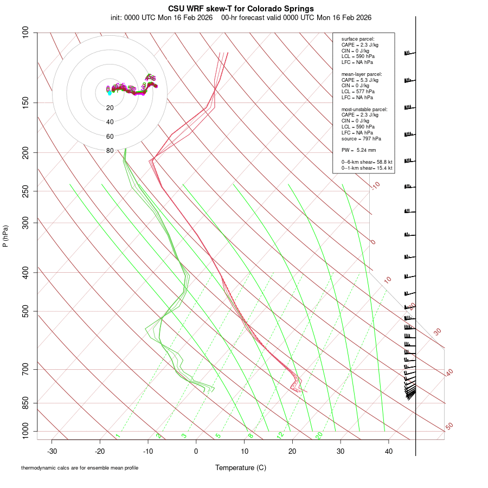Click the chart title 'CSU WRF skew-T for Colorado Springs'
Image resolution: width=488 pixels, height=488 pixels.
[x=241, y=9]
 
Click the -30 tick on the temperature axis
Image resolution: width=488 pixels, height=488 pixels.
[x=52, y=451]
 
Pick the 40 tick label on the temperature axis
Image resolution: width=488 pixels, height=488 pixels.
[x=388, y=451]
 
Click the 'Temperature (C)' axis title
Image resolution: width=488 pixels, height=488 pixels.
[x=241, y=467]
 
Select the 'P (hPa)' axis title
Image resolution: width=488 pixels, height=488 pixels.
[x=5, y=236]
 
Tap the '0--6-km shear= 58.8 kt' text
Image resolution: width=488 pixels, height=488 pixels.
[x=367, y=162]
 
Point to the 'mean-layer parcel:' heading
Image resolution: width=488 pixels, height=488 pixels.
[x=362, y=74]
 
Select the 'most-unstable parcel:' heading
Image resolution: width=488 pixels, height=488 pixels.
[x=364, y=109]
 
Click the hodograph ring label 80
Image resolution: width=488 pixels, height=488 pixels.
[x=110, y=151]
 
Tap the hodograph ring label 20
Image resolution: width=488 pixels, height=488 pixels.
[x=110, y=108]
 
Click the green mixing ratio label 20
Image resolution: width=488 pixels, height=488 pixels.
[x=319, y=435]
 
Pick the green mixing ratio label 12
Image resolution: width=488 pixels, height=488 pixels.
[x=280, y=435]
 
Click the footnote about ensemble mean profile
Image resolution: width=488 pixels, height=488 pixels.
[x=80, y=468]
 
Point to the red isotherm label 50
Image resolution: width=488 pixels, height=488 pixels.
[x=449, y=427]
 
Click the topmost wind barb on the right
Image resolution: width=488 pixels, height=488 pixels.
[x=409, y=53]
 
